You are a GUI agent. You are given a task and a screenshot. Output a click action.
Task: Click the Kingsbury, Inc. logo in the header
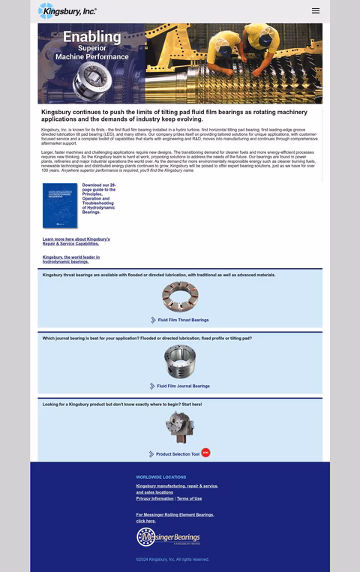[67, 11]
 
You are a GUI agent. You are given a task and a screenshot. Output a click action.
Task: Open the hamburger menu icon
[316, 11]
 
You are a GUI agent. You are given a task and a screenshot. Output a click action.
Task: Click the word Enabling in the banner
[91, 37]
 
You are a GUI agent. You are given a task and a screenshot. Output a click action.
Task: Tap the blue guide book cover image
[60, 206]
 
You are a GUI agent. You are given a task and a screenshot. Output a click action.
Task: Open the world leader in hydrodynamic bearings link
[71, 259]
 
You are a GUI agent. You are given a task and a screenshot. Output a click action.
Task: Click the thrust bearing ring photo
[180, 297]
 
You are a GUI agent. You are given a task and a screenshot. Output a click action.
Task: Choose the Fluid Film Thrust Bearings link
[183, 320]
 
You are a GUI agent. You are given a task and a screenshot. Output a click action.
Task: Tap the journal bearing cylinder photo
[180, 362]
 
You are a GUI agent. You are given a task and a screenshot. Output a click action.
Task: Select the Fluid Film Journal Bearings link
[184, 386]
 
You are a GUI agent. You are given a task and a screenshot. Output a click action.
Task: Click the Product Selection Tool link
[178, 454]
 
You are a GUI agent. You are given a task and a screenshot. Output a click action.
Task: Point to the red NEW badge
[205, 453]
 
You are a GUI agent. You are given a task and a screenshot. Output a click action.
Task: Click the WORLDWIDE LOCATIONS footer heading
[161, 477]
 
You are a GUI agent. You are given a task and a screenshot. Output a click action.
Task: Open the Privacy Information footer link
[154, 498]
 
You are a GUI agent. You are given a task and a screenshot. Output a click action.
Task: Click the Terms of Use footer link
[189, 498]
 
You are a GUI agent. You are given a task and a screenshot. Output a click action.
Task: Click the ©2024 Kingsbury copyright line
[172, 559]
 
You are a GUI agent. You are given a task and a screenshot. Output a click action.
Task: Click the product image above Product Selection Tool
[180, 426]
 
